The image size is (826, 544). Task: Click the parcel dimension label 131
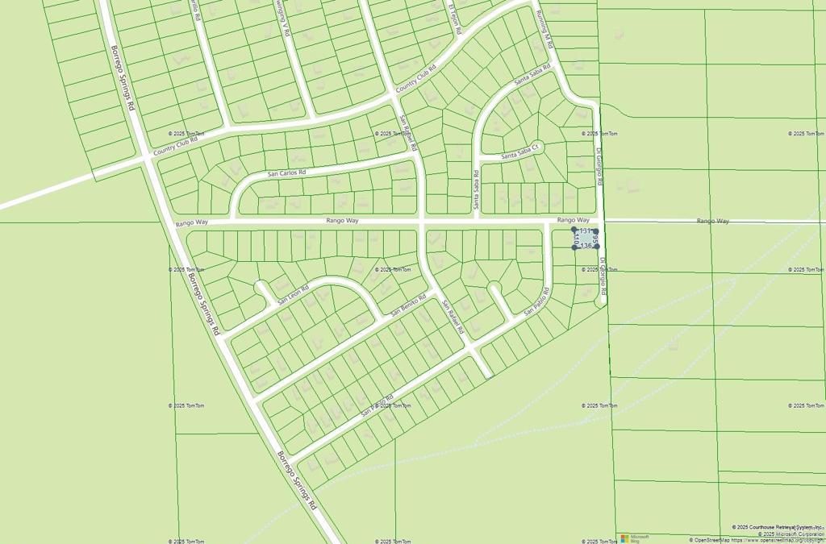[x=585, y=231]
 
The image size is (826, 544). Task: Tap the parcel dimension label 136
[x=586, y=246]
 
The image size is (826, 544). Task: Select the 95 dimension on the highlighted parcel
[x=595, y=239]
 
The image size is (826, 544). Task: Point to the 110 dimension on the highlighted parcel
[x=577, y=239]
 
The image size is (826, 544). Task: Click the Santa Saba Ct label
[x=518, y=153]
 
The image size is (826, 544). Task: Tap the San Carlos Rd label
[x=287, y=173]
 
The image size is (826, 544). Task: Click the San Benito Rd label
[x=408, y=305]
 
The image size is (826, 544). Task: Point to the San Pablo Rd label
[x=537, y=302]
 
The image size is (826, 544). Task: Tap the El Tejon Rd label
[x=455, y=18]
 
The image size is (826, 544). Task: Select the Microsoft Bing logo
[x=635, y=538]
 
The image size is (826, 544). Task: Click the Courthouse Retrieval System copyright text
[x=778, y=527]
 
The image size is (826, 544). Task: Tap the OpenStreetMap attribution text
[x=757, y=540]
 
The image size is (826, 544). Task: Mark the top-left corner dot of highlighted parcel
[x=574, y=230]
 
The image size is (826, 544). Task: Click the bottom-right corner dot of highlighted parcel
[x=597, y=247]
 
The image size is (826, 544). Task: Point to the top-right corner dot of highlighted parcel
[x=596, y=230]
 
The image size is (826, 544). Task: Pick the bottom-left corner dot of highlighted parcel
[x=574, y=247]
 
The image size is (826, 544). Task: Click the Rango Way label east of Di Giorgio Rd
[x=713, y=220]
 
